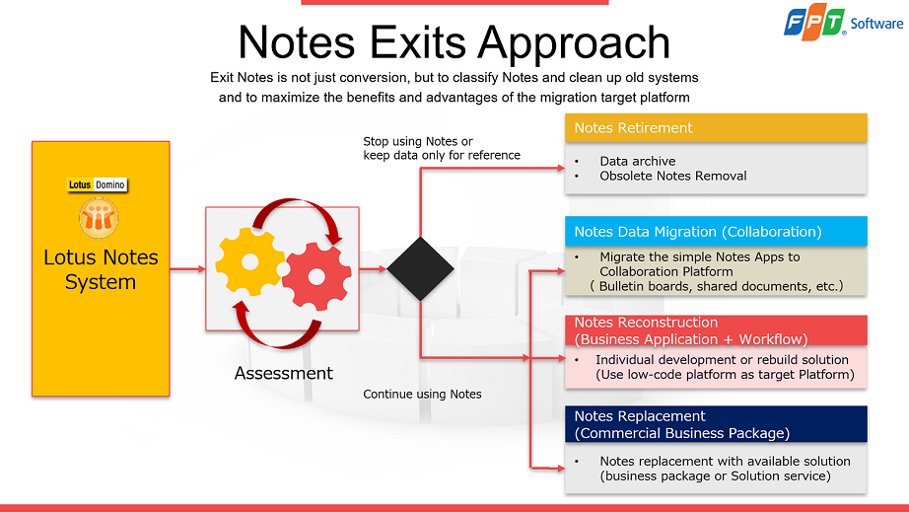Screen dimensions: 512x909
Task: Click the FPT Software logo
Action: click(x=843, y=23)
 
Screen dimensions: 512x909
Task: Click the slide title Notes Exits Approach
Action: click(x=454, y=42)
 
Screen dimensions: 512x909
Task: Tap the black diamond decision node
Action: click(x=421, y=268)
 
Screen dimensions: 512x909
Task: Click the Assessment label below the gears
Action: click(x=284, y=374)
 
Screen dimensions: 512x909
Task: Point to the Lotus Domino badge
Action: click(x=97, y=184)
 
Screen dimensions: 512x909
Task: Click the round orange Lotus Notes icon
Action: click(x=99, y=218)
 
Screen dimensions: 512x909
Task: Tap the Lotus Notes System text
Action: click(x=101, y=269)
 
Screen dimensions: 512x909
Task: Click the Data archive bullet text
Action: click(x=637, y=161)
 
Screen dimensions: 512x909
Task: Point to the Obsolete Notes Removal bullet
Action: click(x=672, y=176)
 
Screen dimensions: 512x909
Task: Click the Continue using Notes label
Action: click(x=422, y=395)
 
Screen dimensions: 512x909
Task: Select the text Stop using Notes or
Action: click(x=418, y=142)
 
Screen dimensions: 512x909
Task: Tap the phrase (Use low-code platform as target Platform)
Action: click(x=725, y=375)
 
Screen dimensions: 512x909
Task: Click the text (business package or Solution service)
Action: click(x=715, y=476)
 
